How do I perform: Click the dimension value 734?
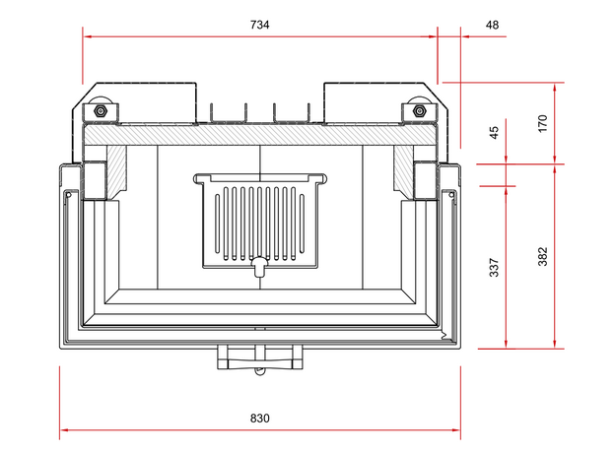click(259, 23)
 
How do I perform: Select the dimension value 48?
click(492, 23)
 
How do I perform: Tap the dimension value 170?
click(542, 123)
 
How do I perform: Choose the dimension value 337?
click(495, 266)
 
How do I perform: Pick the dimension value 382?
click(542, 256)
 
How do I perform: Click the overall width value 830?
click(259, 418)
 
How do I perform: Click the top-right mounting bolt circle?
click(420, 108)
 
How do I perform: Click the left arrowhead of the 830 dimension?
click(63, 430)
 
